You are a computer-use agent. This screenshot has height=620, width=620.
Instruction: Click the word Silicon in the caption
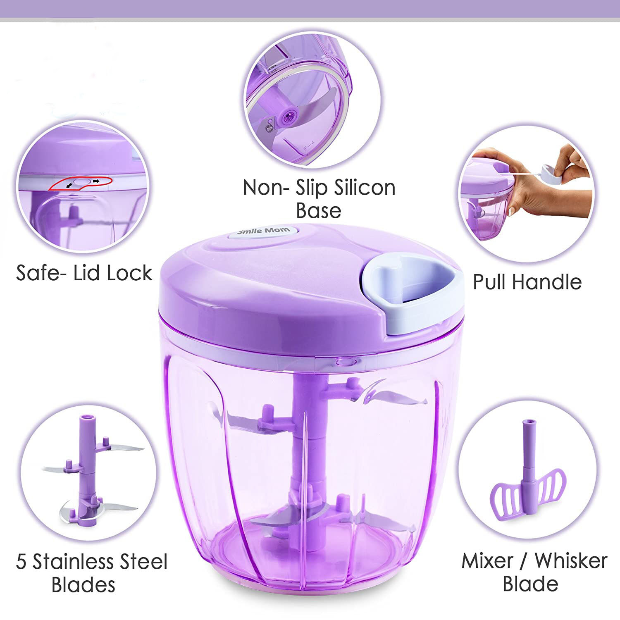pos(365,188)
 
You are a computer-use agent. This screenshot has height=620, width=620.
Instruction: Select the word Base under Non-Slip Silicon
pos(318,210)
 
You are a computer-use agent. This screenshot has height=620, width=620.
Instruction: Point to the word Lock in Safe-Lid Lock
pos(130,273)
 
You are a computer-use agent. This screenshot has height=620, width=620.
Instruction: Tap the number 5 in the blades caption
pos(21,562)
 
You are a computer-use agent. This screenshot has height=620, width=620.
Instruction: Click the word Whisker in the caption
pos(571,561)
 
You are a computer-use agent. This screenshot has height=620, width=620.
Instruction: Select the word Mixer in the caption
pos(486,561)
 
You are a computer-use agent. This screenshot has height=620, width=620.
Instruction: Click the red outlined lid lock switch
pos(81,182)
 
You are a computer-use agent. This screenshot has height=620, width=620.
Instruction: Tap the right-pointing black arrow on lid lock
pos(96,181)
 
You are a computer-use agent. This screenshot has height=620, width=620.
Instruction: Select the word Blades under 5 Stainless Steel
pos(83,585)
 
